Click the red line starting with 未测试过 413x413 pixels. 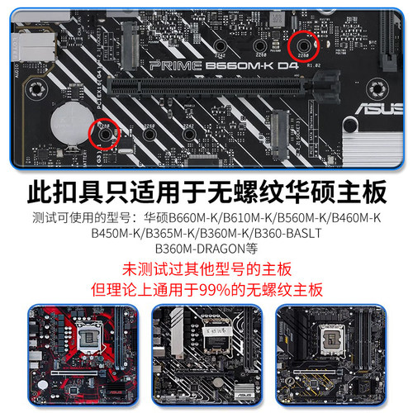click(x=206, y=269)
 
